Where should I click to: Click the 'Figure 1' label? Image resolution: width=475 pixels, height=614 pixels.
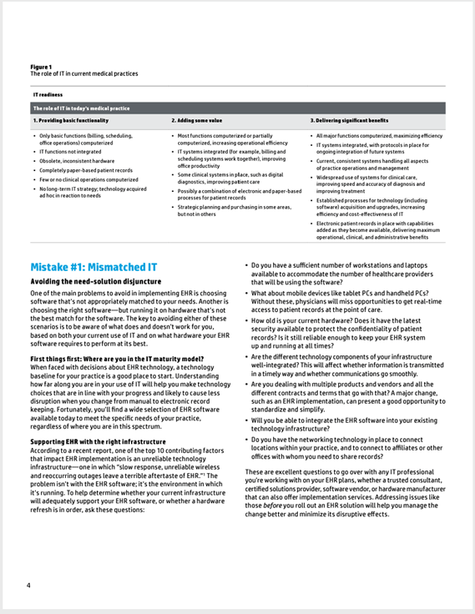pos(41,67)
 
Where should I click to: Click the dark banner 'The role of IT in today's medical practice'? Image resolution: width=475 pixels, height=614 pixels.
pos(81,108)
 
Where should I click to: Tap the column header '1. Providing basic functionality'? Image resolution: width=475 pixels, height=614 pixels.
pos(70,121)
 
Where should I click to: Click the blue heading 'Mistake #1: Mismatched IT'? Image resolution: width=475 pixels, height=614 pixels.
pos(93,268)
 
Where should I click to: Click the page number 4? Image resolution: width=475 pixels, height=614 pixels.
pos(28,586)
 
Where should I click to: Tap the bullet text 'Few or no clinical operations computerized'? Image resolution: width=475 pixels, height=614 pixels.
pos(89,179)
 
